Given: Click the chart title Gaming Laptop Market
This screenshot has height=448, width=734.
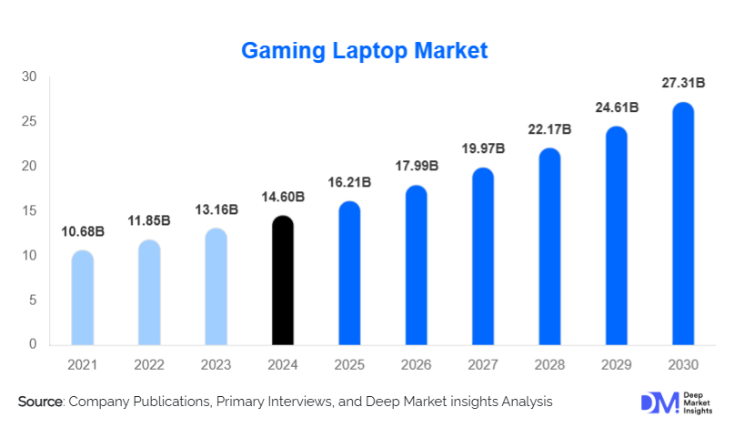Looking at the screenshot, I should coord(364,51).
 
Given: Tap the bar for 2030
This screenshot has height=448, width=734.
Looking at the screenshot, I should coord(683,224).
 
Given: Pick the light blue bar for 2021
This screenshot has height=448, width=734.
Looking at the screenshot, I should coord(83,298).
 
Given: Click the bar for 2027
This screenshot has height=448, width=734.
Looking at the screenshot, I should coord(483,257).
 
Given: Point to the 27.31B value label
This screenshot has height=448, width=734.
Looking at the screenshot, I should coord(683,84).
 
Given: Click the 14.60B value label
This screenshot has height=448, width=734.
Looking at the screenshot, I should coord(283,197).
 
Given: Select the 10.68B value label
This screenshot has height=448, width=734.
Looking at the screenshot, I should coord(83,232).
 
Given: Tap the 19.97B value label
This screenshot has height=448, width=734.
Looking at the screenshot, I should coord(483,148).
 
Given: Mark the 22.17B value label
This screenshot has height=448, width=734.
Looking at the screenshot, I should coord(549,129).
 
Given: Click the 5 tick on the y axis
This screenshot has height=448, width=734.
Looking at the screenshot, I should coord(32,300).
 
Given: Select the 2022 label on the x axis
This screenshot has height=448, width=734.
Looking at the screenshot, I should coord(149,365).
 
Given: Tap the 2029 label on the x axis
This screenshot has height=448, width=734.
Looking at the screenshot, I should coord(616,365).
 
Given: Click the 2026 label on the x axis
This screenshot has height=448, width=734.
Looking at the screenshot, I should coord(416,365).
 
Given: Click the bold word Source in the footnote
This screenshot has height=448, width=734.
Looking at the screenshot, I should coord(39,402).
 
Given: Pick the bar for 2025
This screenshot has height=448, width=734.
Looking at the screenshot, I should coord(349,273).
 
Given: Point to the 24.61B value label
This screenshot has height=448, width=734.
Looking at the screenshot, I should coord(616,107).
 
